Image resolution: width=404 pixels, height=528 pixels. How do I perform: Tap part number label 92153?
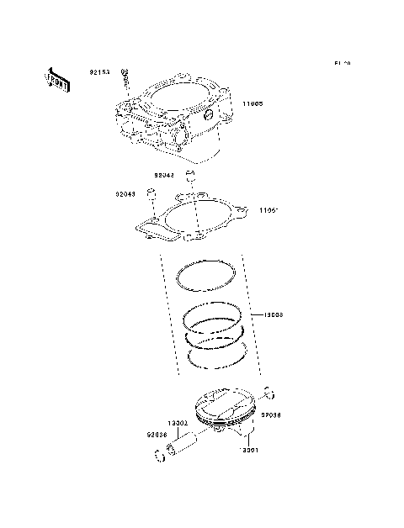coord(100,72)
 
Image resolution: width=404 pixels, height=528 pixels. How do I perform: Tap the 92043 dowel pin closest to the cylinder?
coord(190,177)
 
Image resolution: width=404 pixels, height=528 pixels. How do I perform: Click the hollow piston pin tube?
coord(185,444)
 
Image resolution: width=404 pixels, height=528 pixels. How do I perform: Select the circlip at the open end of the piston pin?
coord(160,457)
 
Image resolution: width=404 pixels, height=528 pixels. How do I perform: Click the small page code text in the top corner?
coord(342,64)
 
